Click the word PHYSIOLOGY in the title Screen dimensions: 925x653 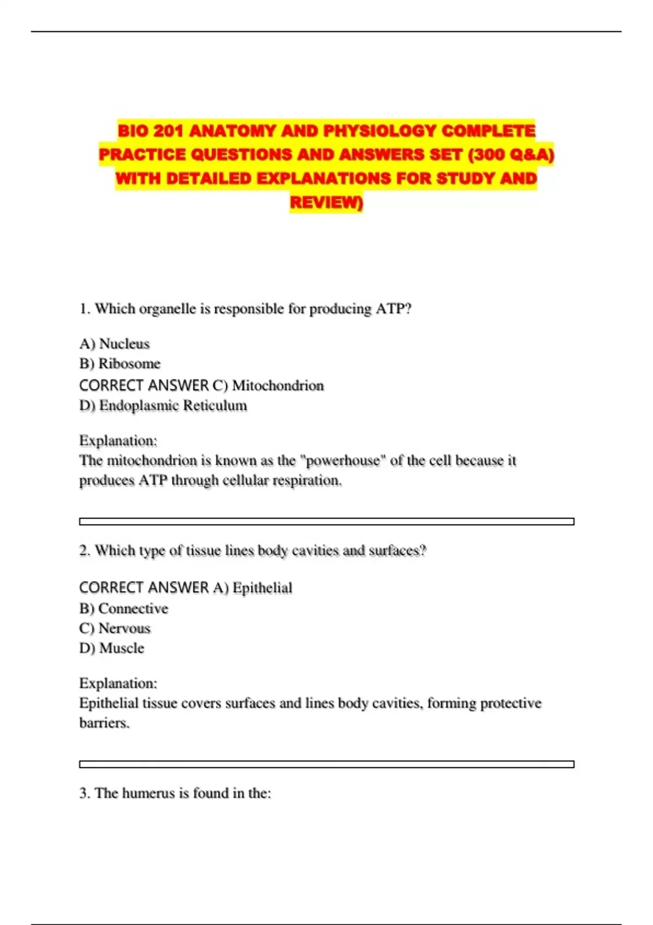click(x=380, y=131)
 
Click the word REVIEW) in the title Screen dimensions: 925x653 click(x=326, y=202)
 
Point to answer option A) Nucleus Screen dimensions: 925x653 click(x=114, y=344)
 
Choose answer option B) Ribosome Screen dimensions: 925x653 click(x=120, y=363)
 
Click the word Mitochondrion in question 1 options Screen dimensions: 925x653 click(x=278, y=386)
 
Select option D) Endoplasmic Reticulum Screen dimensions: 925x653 click(x=163, y=406)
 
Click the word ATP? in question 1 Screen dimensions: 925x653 click(x=393, y=309)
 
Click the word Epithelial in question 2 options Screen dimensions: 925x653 click(x=262, y=588)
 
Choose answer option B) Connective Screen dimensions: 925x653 click(x=124, y=609)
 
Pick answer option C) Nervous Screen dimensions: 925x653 click(x=115, y=628)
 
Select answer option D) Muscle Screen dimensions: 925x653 click(x=112, y=649)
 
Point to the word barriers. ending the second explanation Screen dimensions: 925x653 click(x=104, y=723)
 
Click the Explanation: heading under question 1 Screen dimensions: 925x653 click(x=118, y=441)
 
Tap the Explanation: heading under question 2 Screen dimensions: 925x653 click(x=118, y=683)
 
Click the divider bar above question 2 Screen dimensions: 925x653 click(x=326, y=521)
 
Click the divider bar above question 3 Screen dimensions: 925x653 click(x=326, y=764)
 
